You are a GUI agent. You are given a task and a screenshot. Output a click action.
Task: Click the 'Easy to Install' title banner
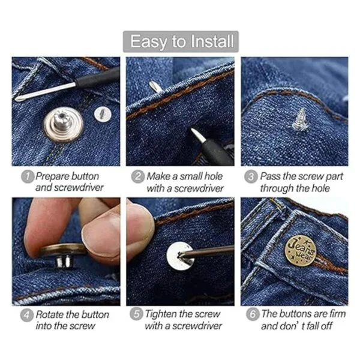[x=181, y=41]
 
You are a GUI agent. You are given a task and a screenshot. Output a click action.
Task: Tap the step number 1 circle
[x=28, y=177]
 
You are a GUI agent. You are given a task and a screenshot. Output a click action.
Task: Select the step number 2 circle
[x=138, y=176]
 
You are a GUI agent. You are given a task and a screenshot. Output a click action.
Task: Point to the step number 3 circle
[x=251, y=176]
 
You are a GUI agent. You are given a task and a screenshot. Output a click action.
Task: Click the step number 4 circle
[x=27, y=315]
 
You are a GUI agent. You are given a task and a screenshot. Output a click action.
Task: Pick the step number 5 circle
[x=136, y=314]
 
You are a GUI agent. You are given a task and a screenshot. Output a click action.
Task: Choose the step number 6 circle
[x=253, y=314]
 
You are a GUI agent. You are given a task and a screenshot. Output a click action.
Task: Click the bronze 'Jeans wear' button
[x=301, y=250]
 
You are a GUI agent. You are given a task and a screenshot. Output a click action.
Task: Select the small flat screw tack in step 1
[x=103, y=114]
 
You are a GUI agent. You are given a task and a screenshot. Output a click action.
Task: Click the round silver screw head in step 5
[x=181, y=256]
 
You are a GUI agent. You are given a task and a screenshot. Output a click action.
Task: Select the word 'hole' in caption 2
[x=214, y=176]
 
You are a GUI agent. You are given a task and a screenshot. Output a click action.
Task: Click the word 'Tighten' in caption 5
[x=160, y=314]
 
